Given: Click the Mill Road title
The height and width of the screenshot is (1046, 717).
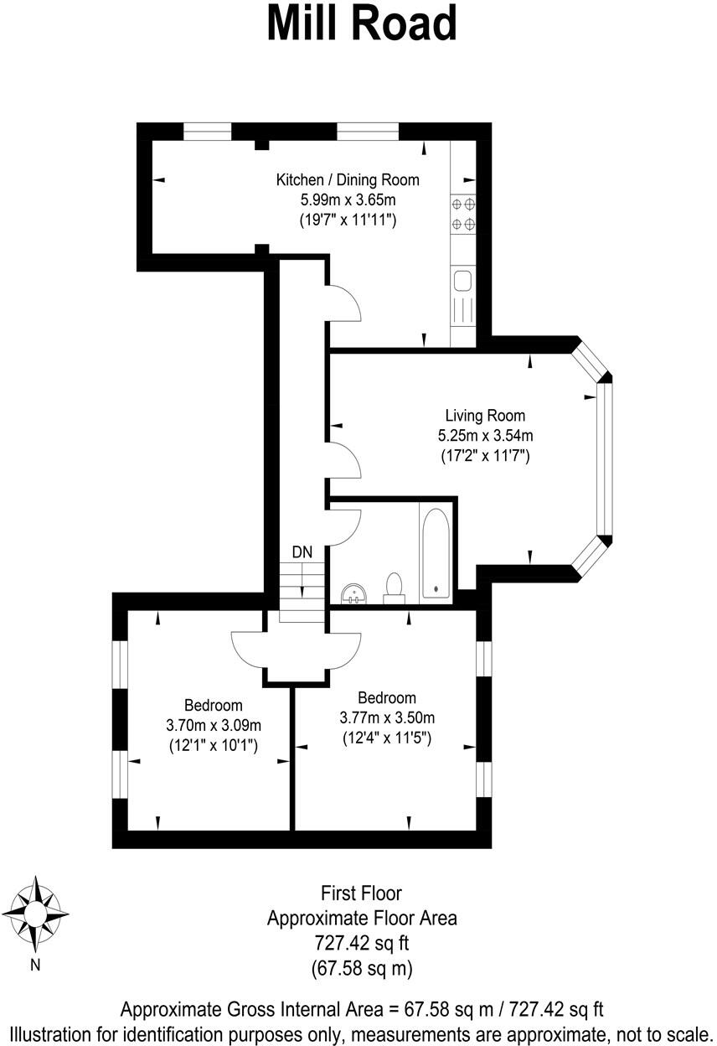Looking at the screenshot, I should click(x=361, y=23).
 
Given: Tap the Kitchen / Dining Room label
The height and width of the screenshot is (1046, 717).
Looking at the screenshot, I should click(x=348, y=179).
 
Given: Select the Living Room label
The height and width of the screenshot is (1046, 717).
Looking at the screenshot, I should click(x=485, y=415).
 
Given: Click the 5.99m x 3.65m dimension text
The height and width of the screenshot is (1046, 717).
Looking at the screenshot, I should click(x=348, y=200).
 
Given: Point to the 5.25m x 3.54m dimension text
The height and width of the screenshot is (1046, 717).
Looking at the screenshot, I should click(x=485, y=436).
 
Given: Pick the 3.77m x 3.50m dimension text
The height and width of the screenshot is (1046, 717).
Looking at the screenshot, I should click(x=387, y=717).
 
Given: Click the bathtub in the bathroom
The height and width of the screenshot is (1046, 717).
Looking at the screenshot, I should click(x=436, y=553).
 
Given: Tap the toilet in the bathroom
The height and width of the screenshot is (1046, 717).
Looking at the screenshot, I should click(x=394, y=587).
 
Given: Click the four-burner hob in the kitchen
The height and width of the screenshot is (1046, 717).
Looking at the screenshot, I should click(x=463, y=213).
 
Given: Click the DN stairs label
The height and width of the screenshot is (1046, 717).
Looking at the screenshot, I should click(x=302, y=551).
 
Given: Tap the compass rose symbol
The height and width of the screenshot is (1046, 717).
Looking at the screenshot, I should click(x=36, y=911).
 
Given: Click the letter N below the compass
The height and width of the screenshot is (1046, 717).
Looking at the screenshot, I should click(x=35, y=965).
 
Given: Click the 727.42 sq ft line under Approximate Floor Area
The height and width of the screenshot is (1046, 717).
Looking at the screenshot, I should click(x=362, y=943).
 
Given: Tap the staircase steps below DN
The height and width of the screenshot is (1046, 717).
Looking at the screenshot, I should click(x=302, y=591).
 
